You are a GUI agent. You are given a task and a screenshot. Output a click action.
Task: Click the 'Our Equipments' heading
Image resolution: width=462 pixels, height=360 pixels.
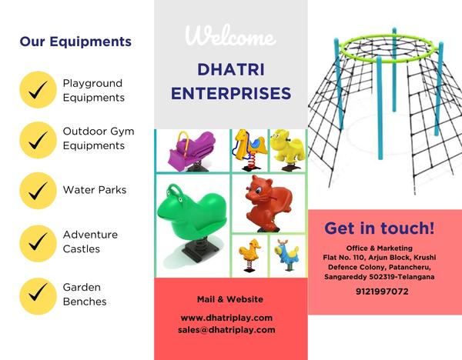(75, 42)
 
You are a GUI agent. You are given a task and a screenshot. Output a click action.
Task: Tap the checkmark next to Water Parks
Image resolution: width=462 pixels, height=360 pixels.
(38, 191)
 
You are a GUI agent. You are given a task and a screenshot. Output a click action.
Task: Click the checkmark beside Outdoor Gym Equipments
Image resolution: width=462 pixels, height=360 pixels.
(38, 140)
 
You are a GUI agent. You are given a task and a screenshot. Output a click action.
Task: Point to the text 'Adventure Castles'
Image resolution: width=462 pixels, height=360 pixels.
(90, 242)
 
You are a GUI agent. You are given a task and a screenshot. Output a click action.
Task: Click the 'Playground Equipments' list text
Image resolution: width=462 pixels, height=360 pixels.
(93, 90)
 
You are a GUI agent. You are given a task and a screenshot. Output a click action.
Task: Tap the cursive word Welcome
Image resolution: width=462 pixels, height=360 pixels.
(231, 35)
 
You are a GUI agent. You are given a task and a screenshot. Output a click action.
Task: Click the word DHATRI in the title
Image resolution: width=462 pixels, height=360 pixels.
(231, 69)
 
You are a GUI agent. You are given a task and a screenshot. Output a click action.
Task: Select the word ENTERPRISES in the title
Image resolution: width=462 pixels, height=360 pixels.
(231, 93)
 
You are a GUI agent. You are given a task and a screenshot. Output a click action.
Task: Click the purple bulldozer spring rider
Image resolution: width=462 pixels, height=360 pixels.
(192, 151)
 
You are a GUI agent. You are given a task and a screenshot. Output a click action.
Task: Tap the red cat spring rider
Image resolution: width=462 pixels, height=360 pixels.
(267, 204)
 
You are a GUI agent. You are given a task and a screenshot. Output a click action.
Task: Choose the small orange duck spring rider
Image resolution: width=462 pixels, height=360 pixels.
(249, 255)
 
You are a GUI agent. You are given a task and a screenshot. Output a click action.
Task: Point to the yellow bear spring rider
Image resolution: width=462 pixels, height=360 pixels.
(287, 150)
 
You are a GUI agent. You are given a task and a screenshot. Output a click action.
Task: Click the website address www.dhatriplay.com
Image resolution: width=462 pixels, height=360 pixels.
(226, 318)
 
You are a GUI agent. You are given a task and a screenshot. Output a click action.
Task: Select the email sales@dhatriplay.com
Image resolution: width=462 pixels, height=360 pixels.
(226, 330)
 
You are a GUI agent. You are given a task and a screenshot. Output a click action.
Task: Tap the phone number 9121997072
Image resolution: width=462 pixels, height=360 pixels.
(382, 292)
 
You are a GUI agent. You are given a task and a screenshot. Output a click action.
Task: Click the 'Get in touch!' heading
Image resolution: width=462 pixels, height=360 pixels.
(379, 228)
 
